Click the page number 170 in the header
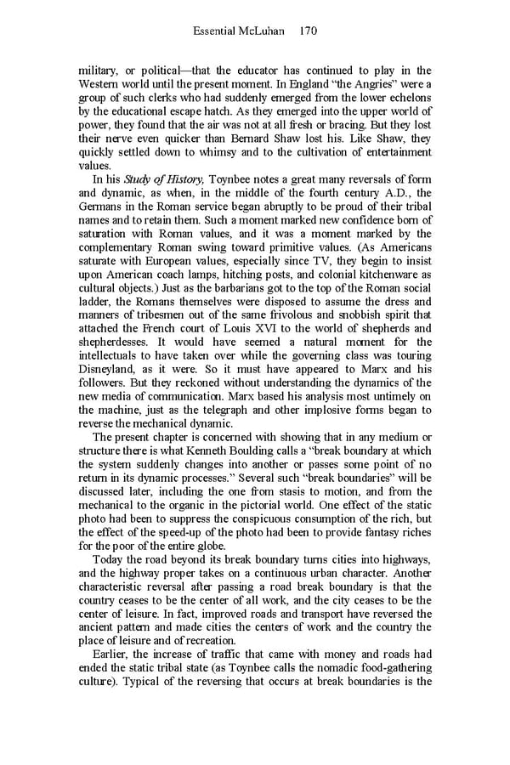point(309,31)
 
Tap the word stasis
point(309,493)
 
